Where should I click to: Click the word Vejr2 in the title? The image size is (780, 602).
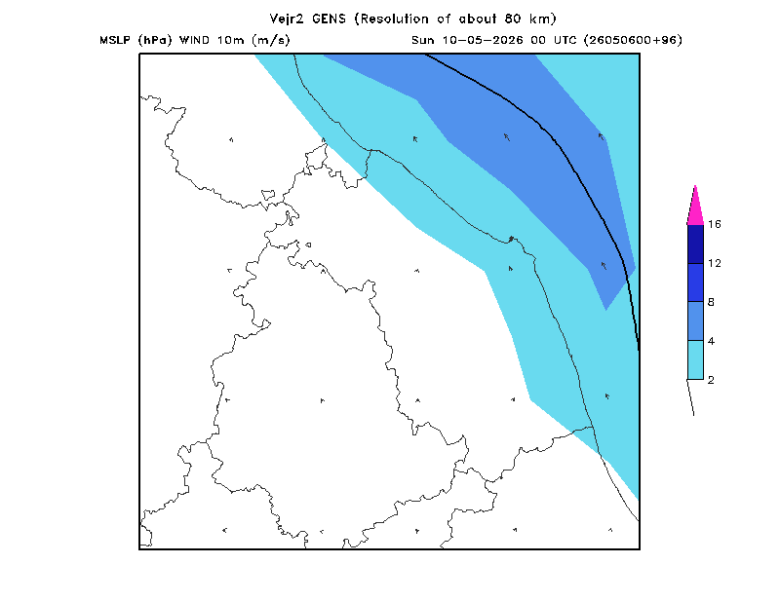point(287,19)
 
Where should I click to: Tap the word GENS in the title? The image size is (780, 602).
point(329,19)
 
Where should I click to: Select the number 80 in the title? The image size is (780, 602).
point(513,19)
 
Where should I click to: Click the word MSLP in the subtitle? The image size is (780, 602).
point(115,40)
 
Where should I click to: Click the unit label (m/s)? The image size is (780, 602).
point(271,40)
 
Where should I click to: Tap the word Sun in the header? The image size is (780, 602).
point(423,40)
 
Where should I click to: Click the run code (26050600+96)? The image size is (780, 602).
point(633,40)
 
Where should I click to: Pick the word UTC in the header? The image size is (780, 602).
point(565,40)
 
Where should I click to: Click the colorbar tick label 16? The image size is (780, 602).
point(715,224)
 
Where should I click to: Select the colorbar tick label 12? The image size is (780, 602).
point(715,263)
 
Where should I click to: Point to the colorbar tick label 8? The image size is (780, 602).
point(712,302)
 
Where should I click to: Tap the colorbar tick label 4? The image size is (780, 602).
point(712,341)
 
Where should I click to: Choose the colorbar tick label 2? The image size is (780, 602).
point(712,380)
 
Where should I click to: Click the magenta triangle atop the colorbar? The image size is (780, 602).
point(695,208)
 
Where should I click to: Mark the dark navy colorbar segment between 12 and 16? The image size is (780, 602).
point(695,245)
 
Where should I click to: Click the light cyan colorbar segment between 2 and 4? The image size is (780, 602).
point(695,359)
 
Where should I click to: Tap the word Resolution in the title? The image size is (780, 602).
point(394,19)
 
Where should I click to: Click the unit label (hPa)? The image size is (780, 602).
point(155,40)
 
